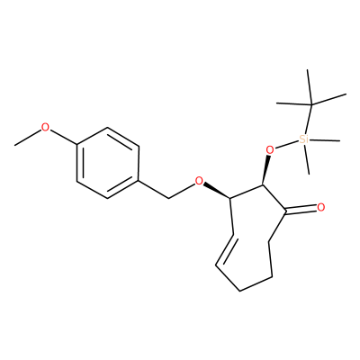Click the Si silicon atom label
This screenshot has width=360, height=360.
[304, 139]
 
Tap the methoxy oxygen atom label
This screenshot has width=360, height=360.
[45, 127]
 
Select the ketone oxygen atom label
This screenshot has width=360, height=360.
[320, 208]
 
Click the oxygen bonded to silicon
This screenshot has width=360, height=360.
[270, 150]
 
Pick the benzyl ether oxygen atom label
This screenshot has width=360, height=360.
[199, 181]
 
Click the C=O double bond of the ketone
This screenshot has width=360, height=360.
[300, 210]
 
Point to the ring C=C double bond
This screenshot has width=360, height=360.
[225, 249]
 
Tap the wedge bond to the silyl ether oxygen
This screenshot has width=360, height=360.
[265, 170]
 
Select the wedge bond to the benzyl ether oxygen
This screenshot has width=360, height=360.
[217, 191]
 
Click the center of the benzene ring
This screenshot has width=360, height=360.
[108, 163]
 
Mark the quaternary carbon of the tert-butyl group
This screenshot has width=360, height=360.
[311, 104]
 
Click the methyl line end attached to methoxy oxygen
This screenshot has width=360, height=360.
[15, 146]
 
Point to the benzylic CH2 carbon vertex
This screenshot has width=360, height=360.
[169, 198]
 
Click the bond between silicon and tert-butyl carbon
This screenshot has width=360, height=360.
[309, 119]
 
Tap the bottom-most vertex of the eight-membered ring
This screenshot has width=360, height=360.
[239, 291]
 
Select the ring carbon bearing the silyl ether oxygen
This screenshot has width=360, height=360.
[263, 185]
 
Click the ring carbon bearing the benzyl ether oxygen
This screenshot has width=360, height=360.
[230, 198]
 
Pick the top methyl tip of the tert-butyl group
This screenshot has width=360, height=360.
[308, 70]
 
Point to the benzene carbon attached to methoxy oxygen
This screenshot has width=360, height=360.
[77, 146]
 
